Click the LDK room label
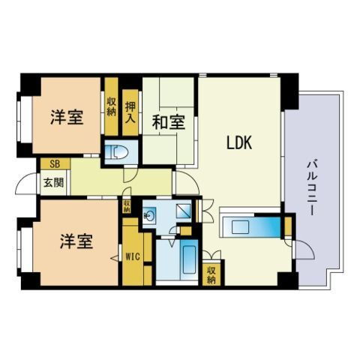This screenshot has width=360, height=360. point(239,142)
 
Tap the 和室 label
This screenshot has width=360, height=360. point(169,122)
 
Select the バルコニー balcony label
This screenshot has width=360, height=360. point(312,188)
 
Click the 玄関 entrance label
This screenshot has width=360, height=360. point(53,182)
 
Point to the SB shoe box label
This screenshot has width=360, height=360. point(55,164)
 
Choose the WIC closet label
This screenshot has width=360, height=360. point(133,256)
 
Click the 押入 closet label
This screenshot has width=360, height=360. point(130,112)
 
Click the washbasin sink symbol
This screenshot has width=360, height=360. point(149,214)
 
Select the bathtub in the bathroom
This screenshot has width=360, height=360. point(189,260)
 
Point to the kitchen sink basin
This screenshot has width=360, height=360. point(240,227)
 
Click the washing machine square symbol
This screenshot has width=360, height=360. point(184,211)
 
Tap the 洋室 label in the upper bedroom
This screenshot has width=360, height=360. point(67,117)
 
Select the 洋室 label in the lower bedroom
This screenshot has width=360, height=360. point(76,241)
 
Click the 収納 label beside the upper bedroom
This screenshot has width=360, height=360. point(112,107)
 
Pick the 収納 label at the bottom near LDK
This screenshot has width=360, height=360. point(211,275)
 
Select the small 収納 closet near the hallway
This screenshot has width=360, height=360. point(127,206)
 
